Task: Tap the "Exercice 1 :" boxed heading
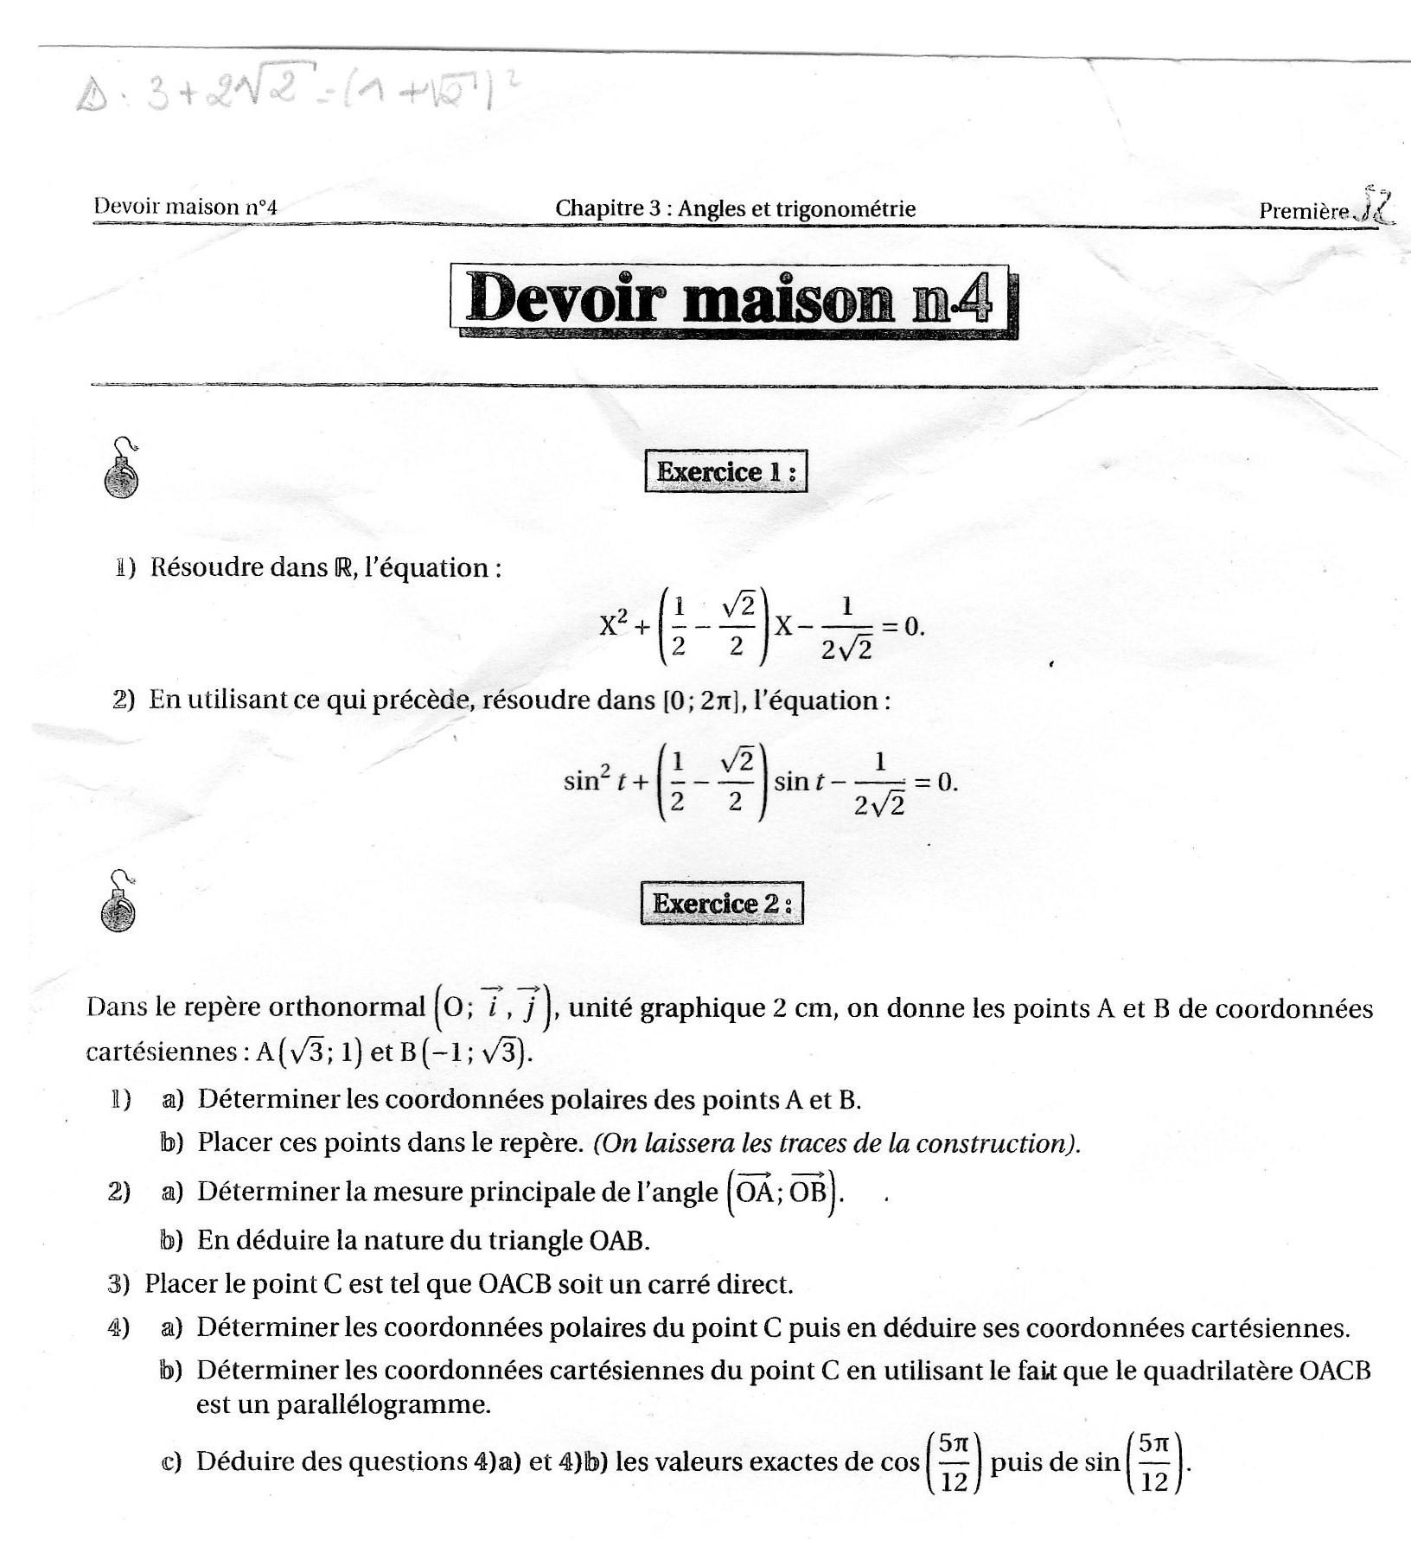[725, 472]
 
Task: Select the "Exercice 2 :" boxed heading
[722, 904]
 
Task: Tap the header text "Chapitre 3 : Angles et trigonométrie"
[735, 208]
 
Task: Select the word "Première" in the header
[1303, 211]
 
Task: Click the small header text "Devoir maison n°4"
[185, 207]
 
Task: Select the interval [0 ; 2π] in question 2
[699, 700]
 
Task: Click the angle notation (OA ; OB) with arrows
[783, 1193]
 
